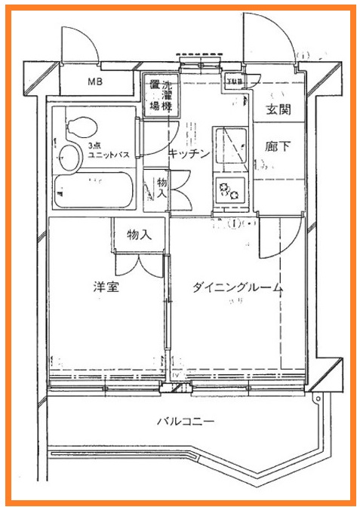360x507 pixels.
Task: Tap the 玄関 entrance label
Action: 278,110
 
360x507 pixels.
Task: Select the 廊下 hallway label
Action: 278,147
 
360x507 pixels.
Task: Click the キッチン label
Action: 189,154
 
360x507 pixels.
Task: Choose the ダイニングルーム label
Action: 237,287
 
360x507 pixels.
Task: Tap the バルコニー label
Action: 186,421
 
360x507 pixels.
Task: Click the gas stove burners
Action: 229,191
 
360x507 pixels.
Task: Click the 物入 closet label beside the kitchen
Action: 162,188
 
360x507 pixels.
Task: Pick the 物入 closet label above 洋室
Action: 138,235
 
